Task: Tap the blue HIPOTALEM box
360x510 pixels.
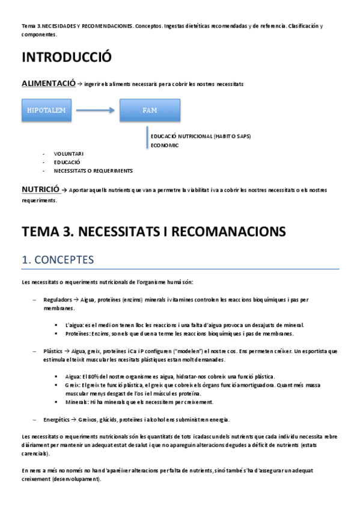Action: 46,110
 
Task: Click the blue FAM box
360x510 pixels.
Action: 149,110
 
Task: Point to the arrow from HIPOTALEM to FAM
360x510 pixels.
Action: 97,110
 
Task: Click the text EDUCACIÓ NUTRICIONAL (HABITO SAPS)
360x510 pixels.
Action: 201,137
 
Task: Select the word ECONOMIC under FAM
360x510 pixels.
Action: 165,145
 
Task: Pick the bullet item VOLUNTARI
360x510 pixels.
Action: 69,154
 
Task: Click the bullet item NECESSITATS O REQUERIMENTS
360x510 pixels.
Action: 93,171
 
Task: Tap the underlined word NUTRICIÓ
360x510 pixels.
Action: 41,189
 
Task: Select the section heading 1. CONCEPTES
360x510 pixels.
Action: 57,260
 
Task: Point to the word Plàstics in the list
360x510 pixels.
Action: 53,350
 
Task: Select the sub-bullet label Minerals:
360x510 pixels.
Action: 78,402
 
